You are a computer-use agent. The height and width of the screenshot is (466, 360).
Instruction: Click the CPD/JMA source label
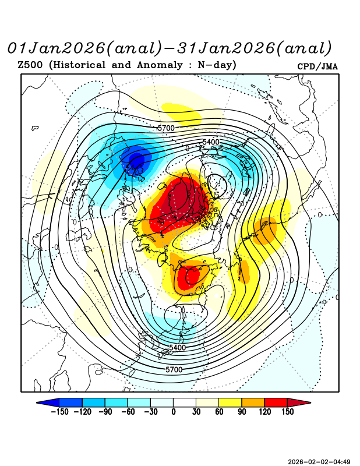[317, 66]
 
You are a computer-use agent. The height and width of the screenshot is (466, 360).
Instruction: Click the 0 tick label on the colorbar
[173, 412]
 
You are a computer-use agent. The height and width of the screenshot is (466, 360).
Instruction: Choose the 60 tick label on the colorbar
[218, 412]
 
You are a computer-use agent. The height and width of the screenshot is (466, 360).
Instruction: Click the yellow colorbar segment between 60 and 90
[230, 402]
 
